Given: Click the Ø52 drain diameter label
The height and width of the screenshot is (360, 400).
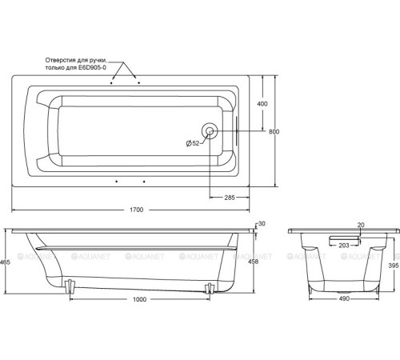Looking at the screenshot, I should [193, 143].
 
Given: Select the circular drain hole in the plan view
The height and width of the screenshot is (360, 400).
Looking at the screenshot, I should [210, 130].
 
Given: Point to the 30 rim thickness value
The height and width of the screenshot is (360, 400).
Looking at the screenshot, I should [262, 223].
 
